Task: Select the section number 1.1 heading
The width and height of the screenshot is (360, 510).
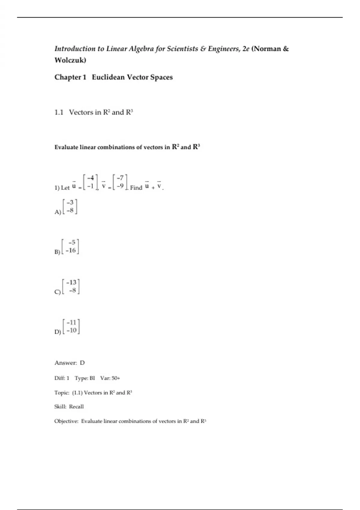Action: point(59,112)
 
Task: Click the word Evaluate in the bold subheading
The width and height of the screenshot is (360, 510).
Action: point(66,147)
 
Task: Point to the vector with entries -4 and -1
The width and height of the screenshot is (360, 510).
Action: point(90,182)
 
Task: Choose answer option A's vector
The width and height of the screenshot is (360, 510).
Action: point(70,206)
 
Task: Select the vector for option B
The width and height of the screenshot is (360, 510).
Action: point(71,246)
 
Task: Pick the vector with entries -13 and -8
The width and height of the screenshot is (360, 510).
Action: point(71,286)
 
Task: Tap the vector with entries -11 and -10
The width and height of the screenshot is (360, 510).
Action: point(71,326)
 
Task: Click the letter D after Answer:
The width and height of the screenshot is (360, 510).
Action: point(82,363)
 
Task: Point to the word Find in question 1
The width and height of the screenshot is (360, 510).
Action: point(136,188)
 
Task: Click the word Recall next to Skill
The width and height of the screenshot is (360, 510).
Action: point(76,407)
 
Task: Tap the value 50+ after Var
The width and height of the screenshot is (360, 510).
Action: point(116,378)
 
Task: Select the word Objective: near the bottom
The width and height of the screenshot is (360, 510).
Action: point(66,421)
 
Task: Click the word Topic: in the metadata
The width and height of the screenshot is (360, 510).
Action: point(62,393)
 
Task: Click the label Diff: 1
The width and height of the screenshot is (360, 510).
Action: point(62,378)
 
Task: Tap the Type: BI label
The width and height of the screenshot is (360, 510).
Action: point(85,378)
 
